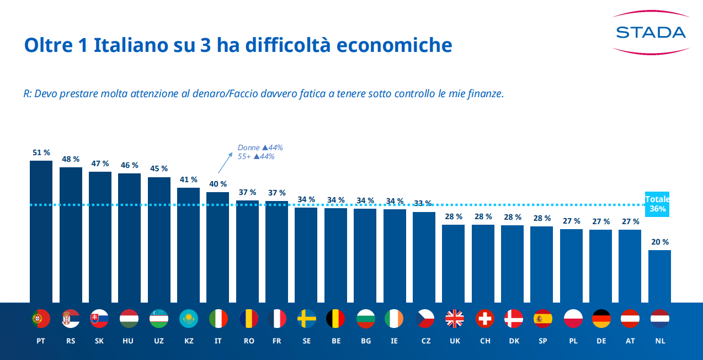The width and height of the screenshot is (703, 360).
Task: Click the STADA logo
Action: pos(651,33)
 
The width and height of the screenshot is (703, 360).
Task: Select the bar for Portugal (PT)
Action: pos(41,232)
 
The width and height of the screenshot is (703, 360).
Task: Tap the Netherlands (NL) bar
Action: pos(659,276)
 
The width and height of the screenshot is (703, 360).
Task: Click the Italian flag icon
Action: pos(218,319)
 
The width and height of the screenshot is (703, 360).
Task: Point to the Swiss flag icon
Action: pos(484,319)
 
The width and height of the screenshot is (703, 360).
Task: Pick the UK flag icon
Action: pos(455,319)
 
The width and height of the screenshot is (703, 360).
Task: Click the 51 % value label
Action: pos(41,152)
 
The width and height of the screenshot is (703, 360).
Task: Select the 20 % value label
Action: pos(659,242)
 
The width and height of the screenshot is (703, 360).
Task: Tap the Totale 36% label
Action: pos(657,204)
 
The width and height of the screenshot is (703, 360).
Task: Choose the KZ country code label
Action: pos(189,341)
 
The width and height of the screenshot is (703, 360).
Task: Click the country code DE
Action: pos(601,341)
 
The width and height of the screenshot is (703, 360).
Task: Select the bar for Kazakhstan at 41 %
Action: pos(188,245)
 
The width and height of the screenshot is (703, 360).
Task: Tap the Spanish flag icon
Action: pos(543,319)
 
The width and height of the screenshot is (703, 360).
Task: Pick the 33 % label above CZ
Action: pos(423,203)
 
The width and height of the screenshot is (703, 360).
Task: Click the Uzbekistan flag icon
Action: pos(159,319)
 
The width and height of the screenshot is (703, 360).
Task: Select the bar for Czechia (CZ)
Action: pos(424,257)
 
